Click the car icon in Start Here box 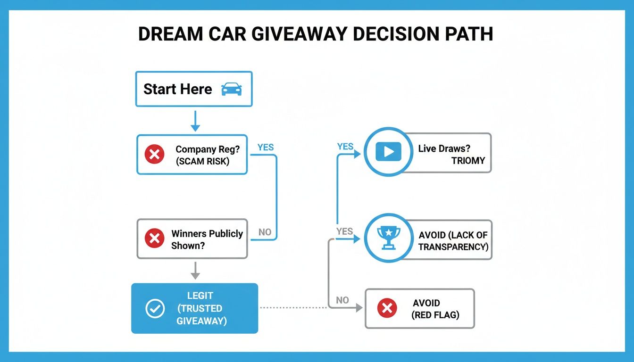pos(231,89)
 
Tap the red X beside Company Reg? pos(155,154)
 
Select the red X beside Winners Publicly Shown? pos(154,239)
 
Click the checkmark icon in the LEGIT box pos(155,308)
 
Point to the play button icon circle pos(388,152)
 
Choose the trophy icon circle pos(388,238)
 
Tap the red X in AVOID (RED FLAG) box pos(387,309)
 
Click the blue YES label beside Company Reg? pos(266,147)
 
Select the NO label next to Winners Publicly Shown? pos(265,232)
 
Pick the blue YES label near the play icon pos(345,147)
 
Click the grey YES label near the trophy pos(345,231)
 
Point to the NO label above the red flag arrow pos(342,300)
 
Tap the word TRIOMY pos(468,161)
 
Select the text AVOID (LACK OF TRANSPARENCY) pos(453,241)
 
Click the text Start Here pos(178,89)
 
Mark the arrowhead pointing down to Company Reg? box pos(195,128)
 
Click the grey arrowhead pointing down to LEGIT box pos(195,276)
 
